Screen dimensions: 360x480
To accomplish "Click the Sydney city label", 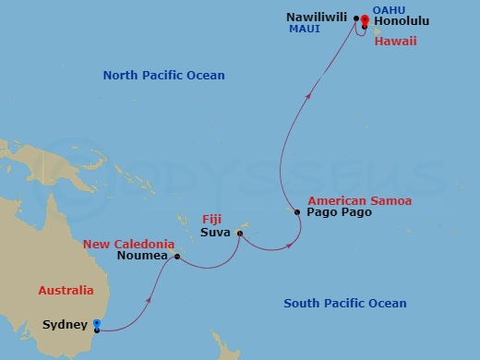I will (65, 325).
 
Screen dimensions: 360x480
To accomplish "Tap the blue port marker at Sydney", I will (96, 323).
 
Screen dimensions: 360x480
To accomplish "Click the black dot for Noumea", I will (175, 258).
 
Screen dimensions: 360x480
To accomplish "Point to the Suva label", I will (217, 233).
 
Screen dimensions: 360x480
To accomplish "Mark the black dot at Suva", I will (240, 233).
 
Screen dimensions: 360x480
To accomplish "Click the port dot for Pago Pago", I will (297, 212).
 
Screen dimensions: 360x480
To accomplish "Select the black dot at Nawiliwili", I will (356, 17).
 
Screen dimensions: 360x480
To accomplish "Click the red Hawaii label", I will (395, 41).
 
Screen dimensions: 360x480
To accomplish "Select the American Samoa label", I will (359, 199).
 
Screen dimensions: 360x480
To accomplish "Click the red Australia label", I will (66, 291).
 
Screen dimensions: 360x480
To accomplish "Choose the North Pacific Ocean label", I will (163, 76).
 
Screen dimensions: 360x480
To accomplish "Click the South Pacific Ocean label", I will (344, 304).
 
